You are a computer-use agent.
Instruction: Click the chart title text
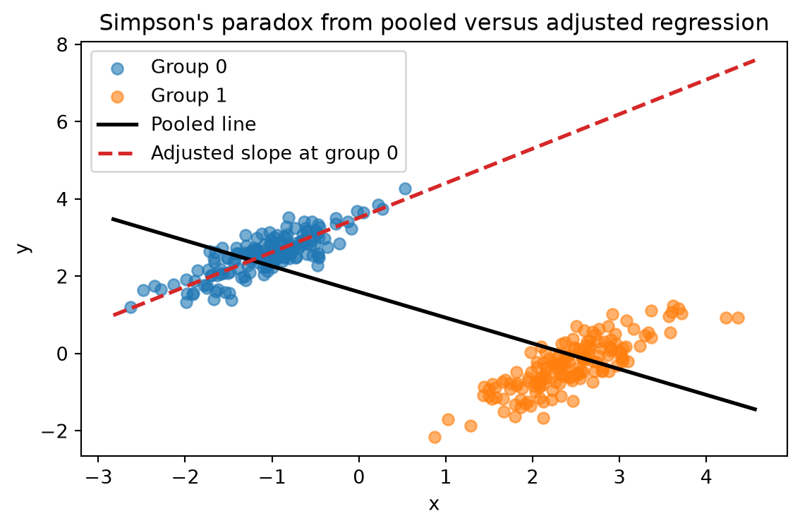[x=434, y=23]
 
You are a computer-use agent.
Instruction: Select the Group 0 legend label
[x=189, y=67]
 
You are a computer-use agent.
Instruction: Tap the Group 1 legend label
[x=189, y=95]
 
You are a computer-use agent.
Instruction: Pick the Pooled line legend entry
[x=204, y=124]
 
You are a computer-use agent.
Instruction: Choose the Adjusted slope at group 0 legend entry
[x=274, y=153]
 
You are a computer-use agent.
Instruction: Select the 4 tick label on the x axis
[x=706, y=478]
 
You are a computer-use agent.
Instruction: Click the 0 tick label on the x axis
[x=358, y=478]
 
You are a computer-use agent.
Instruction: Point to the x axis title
[x=434, y=505]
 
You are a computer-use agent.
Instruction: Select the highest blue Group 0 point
[x=405, y=189]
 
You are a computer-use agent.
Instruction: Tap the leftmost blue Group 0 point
[x=131, y=307]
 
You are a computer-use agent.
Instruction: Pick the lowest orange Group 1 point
[x=435, y=437]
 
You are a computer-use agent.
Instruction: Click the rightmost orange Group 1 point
[x=738, y=318]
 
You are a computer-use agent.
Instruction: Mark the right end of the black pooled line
[x=756, y=409]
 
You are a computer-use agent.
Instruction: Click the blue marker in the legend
[x=117, y=68]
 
